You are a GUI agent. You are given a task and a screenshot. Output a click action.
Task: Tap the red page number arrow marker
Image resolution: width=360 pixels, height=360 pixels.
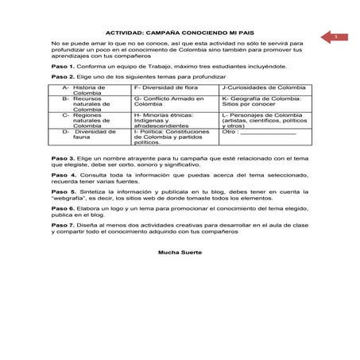click(331, 37)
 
